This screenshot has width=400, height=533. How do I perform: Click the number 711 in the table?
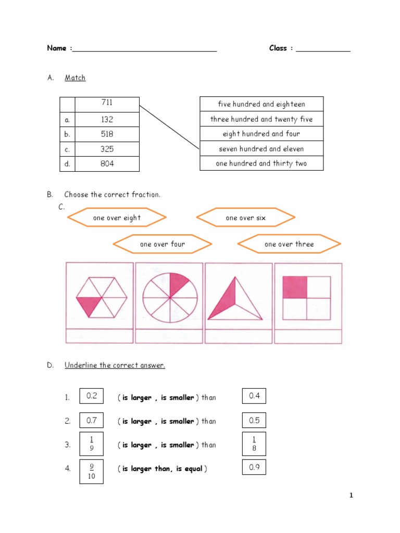click(x=107, y=103)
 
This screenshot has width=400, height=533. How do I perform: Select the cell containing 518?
click(x=107, y=134)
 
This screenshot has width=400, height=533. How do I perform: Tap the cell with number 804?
click(x=107, y=164)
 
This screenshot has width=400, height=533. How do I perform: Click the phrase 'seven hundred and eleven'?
click(x=261, y=149)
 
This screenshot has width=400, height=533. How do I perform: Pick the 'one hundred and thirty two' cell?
click(x=261, y=163)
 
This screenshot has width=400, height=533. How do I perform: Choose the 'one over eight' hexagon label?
click(x=117, y=218)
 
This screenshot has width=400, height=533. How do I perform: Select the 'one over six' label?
click(x=245, y=218)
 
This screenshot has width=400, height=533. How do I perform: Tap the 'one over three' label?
click(x=289, y=244)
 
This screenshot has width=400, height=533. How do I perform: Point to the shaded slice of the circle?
click(x=178, y=283)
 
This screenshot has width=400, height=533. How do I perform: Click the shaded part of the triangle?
click(x=225, y=302)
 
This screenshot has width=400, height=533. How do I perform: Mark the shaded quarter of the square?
click(x=294, y=287)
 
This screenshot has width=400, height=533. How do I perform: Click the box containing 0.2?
click(x=92, y=396)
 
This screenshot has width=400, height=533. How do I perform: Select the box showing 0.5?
click(x=254, y=420)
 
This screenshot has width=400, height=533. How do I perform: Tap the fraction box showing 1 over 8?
click(x=254, y=444)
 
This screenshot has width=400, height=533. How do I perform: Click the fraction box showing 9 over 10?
click(x=92, y=471)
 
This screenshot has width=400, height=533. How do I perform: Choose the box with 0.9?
click(x=254, y=467)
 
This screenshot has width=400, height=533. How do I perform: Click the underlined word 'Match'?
click(x=75, y=78)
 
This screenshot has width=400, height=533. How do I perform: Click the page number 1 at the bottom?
click(x=351, y=496)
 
